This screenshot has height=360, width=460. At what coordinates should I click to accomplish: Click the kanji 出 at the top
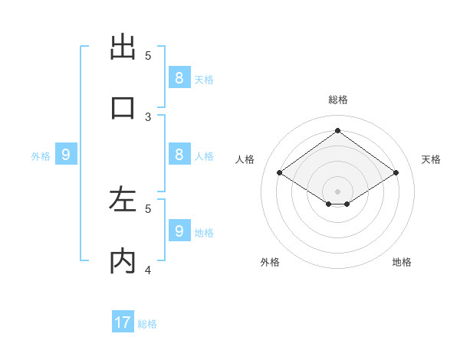pos(123,47)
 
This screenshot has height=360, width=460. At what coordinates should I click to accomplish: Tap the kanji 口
pos(123,107)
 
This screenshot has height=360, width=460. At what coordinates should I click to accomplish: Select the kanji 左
pos(123,200)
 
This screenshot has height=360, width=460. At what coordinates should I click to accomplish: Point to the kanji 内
pos(123,261)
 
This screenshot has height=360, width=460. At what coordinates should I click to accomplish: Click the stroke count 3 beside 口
pos(148,116)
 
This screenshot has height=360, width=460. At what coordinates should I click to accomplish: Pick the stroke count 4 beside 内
pos(148,270)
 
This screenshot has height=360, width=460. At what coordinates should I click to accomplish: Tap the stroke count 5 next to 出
pos(148,55)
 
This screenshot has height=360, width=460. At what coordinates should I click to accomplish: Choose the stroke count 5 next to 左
pos(148,208)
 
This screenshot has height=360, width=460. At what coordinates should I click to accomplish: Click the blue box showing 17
pos(123,322)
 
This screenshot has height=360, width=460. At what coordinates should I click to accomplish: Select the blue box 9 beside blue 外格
pos(66,155)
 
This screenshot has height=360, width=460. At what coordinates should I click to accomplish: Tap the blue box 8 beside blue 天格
pos(179,77)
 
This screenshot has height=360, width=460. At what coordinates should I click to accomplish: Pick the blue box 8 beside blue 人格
pos(179,154)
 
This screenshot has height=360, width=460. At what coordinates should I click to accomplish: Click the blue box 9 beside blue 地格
pos(179,231)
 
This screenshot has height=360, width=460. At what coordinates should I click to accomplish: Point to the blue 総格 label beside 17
pos(147,324)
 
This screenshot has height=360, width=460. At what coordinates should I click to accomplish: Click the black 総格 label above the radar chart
pos(338,100)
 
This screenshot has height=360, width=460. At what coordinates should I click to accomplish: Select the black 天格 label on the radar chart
pos(431,159)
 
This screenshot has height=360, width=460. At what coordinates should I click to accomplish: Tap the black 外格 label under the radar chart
pos(270,262)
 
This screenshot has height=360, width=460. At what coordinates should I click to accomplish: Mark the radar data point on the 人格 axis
pos(280,173)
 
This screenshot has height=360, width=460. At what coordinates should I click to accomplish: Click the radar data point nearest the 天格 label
pos(396,173)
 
